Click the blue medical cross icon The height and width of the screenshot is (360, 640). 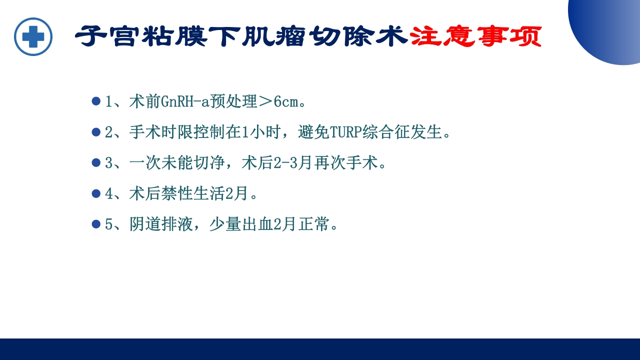(x=33, y=36)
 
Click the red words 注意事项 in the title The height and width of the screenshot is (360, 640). (x=475, y=36)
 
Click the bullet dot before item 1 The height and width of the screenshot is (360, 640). (x=96, y=101)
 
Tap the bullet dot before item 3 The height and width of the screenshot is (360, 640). (x=96, y=162)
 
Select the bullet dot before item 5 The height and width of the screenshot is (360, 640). (x=96, y=224)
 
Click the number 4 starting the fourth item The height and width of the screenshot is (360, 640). (x=109, y=194)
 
